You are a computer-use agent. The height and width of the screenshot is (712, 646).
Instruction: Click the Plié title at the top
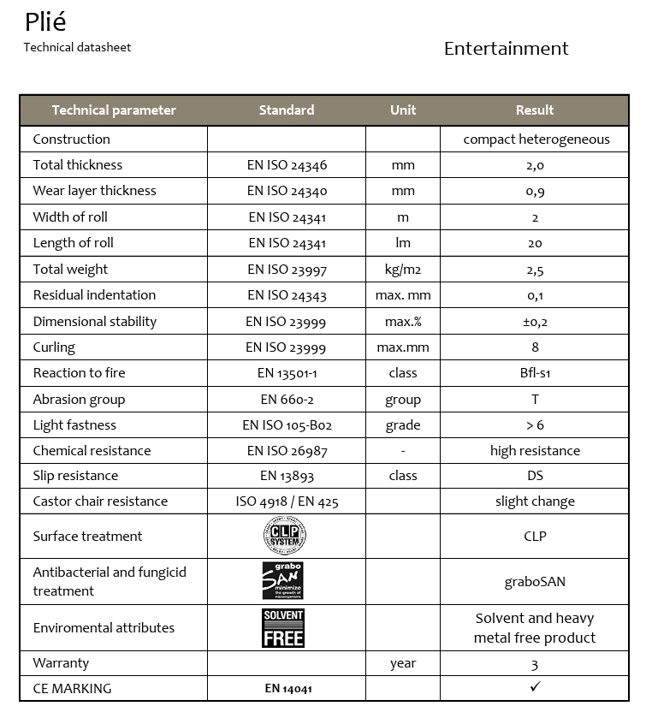pyautogui.click(x=45, y=22)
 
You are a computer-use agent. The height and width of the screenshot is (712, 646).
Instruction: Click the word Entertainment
pyautogui.click(x=506, y=49)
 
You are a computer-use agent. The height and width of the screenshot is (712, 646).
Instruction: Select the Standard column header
pyautogui.click(x=287, y=110)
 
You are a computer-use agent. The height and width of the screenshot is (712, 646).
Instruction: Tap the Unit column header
pyautogui.click(x=403, y=110)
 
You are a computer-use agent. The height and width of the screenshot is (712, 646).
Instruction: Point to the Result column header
pyautogui.click(x=535, y=110)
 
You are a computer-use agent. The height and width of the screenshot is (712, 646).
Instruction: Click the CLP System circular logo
pyautogui.click(x=285, y=537)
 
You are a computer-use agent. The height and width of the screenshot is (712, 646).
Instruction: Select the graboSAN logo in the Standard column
pyautogui.click(x=283, y=581)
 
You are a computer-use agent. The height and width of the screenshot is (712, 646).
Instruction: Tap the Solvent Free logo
pyautogui.click(x=283, y=628)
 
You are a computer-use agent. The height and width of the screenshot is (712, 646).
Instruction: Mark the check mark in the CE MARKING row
pyautogui.click(x=536, y=687)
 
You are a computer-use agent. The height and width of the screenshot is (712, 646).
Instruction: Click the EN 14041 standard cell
pyautogui.click(x=287, y=688)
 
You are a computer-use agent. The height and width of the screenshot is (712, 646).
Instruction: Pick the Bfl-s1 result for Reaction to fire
pyautogui.click(x=535, y=373)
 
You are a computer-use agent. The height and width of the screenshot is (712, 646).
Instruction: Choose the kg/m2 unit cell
pyautogui.click(x=403, y=270)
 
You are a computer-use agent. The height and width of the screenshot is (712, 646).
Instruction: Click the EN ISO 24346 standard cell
pyautogui.click(x=287, y=165)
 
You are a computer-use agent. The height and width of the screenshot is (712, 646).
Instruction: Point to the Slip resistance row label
pyautogui.click(x=75, y=476)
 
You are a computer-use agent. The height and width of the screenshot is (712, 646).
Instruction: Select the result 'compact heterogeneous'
pyautogui.click(x=536, y=139)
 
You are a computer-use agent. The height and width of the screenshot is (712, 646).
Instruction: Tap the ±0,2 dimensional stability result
pyautogui.click(x=535, y=322)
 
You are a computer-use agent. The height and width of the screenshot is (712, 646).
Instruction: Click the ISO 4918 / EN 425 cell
pyautogui.click(x=287, y=501)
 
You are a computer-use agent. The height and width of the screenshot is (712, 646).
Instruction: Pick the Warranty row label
pyautogui.click(x=61, y=663)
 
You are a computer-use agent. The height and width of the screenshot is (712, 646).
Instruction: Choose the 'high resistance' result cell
pyautogui.click(x=535, y=451)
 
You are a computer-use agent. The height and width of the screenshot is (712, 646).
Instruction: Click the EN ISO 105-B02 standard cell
pyautogui.click(x=287, y=425)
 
